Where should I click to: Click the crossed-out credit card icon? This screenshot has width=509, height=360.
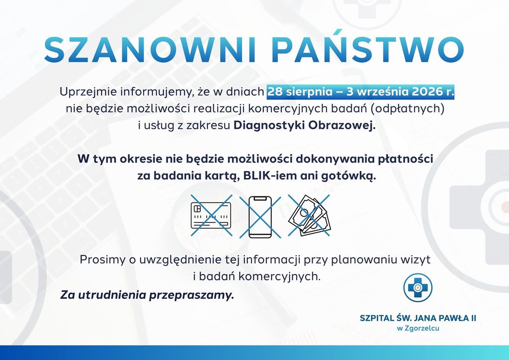211,215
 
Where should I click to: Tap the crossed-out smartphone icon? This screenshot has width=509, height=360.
260,216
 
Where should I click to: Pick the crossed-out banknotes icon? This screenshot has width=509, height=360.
309,215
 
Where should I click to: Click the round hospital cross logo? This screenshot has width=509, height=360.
418,287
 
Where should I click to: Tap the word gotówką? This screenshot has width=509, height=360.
348,177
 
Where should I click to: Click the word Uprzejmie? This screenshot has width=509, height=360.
88,92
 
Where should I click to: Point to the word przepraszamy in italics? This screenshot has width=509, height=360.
191,295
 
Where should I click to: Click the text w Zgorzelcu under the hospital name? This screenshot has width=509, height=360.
418,328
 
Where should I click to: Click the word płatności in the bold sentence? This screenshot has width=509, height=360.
406,160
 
